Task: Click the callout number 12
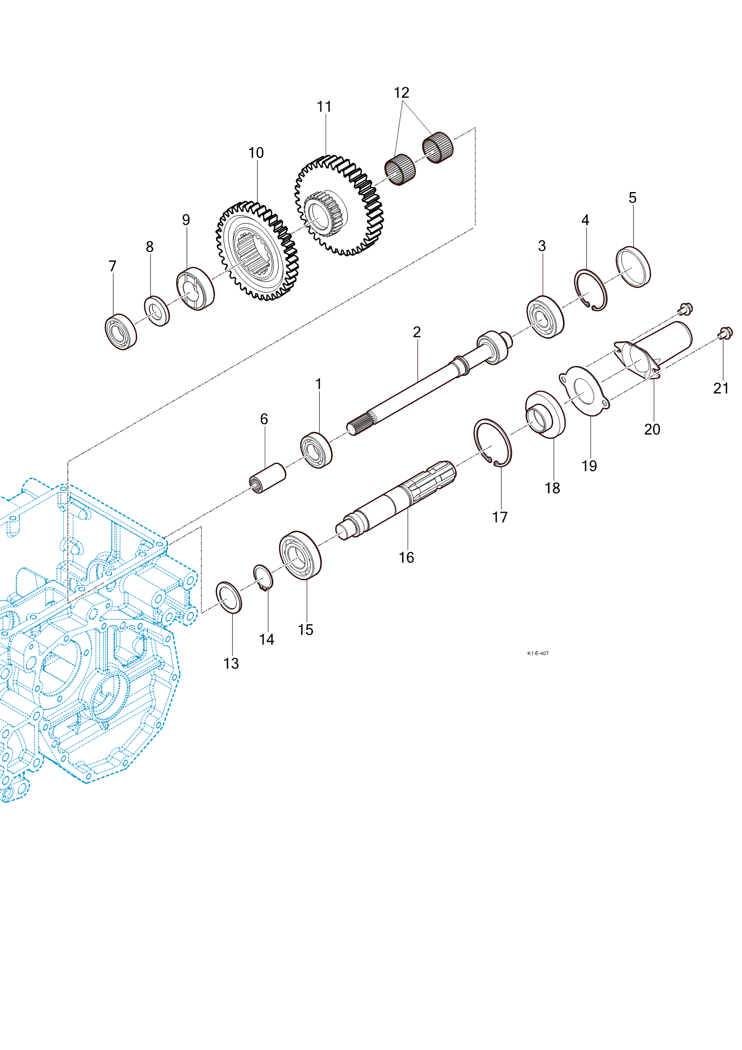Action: [401, 93]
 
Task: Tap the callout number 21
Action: [721, 388]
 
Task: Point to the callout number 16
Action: [406, 557]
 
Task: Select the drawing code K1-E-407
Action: [538, 653]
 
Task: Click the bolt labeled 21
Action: [725, 333]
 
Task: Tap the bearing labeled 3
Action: [545, 317]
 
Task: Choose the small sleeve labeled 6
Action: [267, 478]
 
